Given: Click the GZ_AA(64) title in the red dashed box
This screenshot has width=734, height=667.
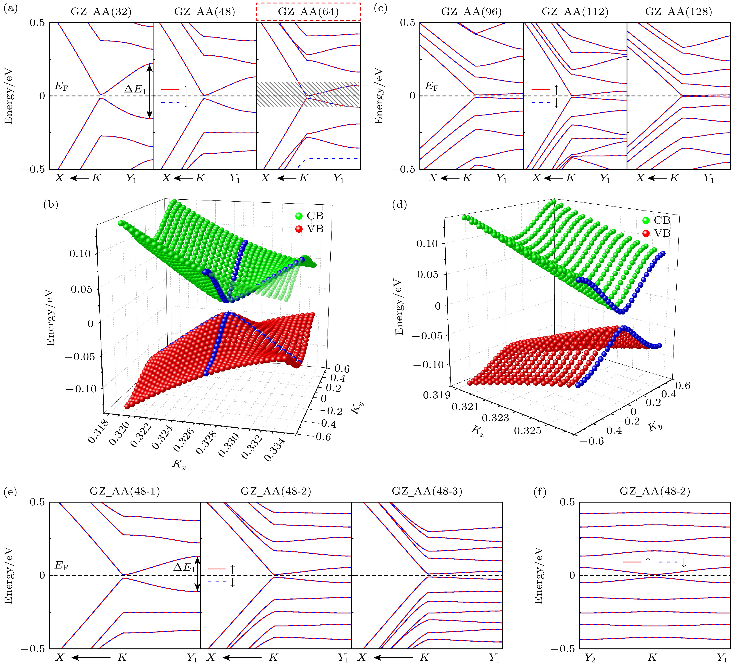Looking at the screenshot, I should coord(308,12).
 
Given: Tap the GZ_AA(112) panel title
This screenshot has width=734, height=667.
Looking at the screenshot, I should coord(575,12).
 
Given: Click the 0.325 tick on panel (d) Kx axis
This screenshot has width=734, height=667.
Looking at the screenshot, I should coord(527,431).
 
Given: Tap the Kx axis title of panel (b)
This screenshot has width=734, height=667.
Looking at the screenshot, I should coord(179,464).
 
